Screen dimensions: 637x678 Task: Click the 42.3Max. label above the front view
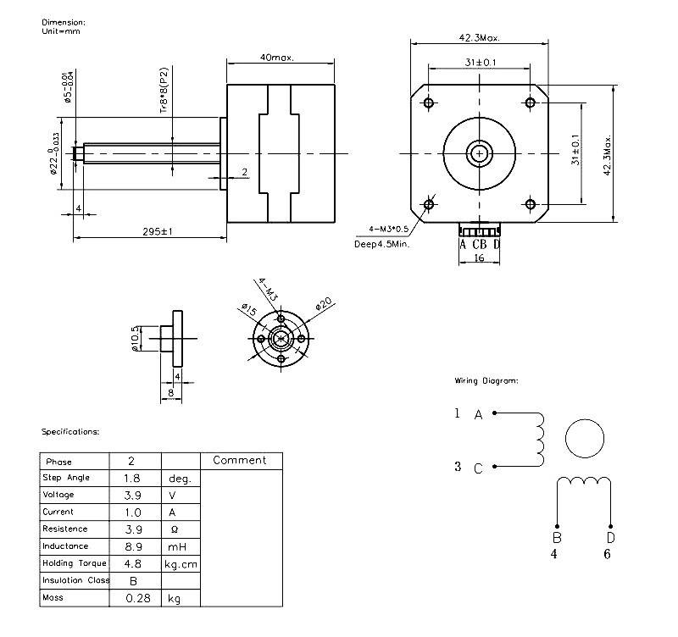pos(480,38)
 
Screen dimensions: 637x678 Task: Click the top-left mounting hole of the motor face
pos(428,103)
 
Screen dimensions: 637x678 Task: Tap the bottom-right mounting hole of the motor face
pos(531,203)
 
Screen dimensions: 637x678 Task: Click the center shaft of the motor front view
pos(480,153)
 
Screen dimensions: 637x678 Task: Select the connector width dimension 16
pos(479,258)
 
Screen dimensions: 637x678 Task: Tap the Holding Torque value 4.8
pos(131,563)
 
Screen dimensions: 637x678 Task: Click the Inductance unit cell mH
pos(176,546)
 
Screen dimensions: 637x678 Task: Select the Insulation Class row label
pos(75,581)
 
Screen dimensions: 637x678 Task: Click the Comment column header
pos(239,461)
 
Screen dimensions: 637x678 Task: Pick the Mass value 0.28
pos(135,598)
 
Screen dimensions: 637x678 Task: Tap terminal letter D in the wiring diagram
pos(609,537)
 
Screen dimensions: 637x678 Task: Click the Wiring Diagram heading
pos(486,381)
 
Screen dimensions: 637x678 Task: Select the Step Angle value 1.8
pos(131,478)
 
